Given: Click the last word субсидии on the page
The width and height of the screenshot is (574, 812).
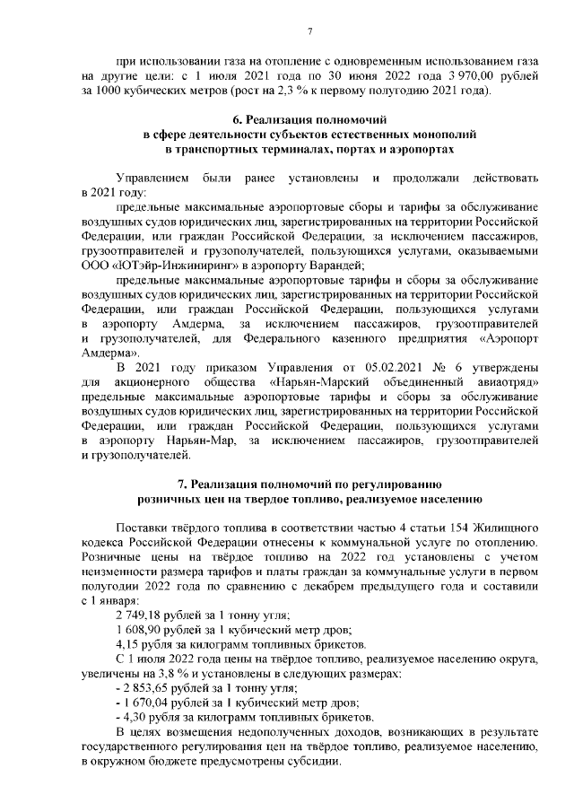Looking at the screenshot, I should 309,758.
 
